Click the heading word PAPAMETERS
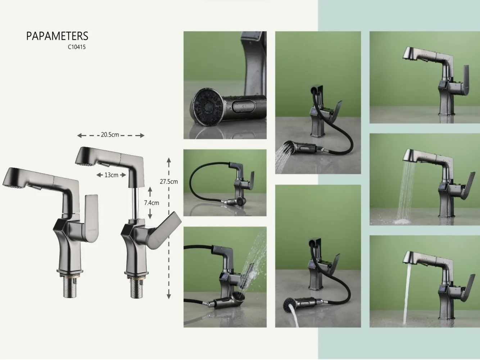(x=57, y=36)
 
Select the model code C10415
(x=77, y=47)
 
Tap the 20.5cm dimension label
(x=110, y=135)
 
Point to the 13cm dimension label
(x=111, y=175)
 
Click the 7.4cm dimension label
(x=151, y=203)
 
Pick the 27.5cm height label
(x=169, y=181)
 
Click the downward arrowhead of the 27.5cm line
(x=169, y=296)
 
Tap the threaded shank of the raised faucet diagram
(x=137, y=288)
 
